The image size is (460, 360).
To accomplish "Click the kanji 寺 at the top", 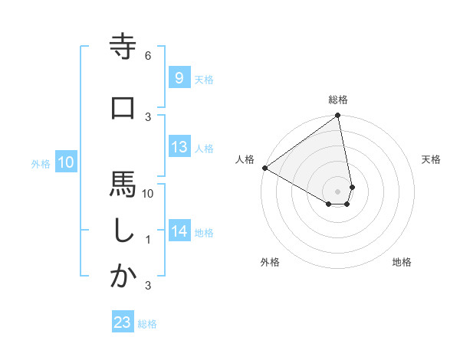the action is [123, 47].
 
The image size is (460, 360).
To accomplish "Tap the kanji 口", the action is [123, 108].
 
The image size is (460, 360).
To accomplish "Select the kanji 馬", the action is [123, 185].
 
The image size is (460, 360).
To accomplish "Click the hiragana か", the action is [123, 277].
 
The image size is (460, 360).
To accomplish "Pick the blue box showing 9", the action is [179, 77].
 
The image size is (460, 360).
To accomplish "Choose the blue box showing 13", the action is [179, 147].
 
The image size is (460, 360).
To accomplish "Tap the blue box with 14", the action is [179, 231].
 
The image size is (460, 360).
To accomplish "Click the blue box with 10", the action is [66, 162].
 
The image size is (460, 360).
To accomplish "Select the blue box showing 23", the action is [123, 322].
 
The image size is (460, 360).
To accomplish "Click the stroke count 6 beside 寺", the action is [148, 56].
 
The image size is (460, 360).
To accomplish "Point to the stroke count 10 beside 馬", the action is [148, 194].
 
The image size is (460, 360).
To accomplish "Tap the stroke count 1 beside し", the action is [148, 240].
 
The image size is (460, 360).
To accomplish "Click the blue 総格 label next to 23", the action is [147, 324].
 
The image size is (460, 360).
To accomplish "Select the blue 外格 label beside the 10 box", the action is [41, 163].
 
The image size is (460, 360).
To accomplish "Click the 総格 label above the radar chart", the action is [338, 100].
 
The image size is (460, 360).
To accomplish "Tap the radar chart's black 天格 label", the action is [432, 159].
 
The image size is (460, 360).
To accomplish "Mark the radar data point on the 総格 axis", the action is [338, 116].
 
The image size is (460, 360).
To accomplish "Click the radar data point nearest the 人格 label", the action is [264, 168].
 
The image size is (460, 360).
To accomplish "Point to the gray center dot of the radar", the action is [338, 191].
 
